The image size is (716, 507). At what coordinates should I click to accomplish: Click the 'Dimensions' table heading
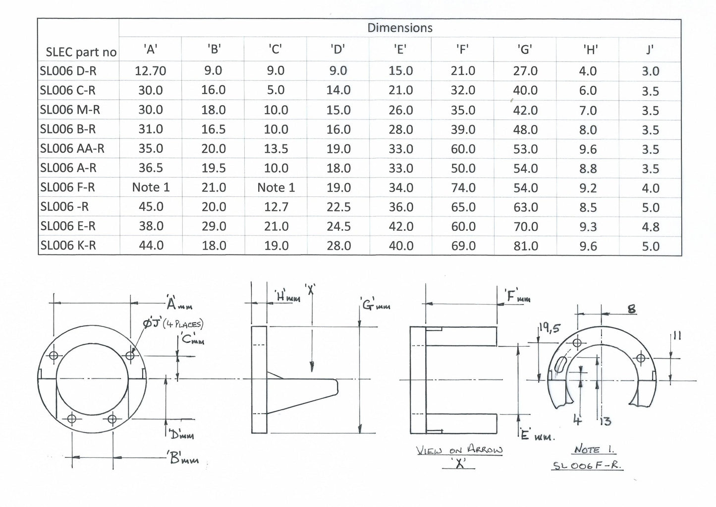(x=399, y=28)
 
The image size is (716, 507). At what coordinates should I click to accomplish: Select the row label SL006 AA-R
(x=72, y=148)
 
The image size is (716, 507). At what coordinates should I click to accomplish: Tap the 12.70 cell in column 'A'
(x=150, y=71)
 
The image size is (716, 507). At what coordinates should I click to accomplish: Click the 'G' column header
(x=525, y=49)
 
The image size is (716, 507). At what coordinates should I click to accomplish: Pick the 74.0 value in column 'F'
(x=463, y=188)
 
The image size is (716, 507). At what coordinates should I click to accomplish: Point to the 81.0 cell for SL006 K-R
(x=525, y=246)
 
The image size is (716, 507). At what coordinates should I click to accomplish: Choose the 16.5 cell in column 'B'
(x=213, y=129)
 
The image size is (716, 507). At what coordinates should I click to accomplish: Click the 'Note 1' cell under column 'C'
(x=275, y=188)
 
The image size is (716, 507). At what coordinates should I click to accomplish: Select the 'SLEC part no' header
(x=81, y=52)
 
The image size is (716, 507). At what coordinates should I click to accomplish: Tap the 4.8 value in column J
(x=650, y=227)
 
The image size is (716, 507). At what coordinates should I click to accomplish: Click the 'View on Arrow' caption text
(x=459, y=450)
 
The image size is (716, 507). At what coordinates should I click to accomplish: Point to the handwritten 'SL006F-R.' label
(x=587, y=466)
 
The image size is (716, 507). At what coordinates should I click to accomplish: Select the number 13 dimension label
(x=605, y=422)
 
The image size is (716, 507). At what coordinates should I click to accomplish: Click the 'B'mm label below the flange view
(x=184, y=459)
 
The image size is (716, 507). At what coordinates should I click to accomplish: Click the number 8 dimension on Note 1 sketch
(x=631, y=309)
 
